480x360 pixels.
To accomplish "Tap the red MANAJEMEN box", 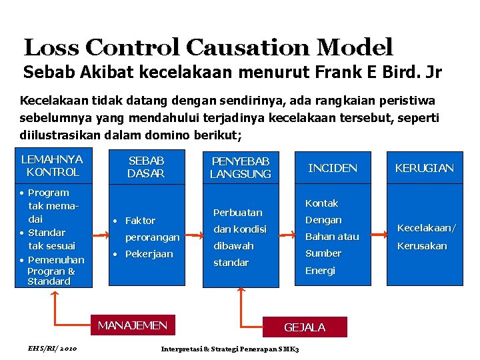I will point(133,325).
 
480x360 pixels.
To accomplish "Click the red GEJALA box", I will point(305,327).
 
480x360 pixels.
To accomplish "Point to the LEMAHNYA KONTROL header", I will point(52,165).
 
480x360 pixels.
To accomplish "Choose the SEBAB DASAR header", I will point(146,167).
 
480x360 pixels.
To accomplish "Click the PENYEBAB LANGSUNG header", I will point(240,167).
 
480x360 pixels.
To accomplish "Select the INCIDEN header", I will point(333,168).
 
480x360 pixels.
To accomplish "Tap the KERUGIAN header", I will point(424,168).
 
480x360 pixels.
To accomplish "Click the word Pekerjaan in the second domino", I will point(149,254).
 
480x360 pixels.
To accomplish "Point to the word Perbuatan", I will point(238,213).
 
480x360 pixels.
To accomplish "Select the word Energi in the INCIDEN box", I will point(320,271).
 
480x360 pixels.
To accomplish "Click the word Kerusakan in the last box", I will point(421,245).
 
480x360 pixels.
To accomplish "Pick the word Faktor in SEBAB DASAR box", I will point(140,221).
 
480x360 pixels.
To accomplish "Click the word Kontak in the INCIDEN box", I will point(321,203).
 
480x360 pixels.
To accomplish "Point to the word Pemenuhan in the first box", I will point(56,260).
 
